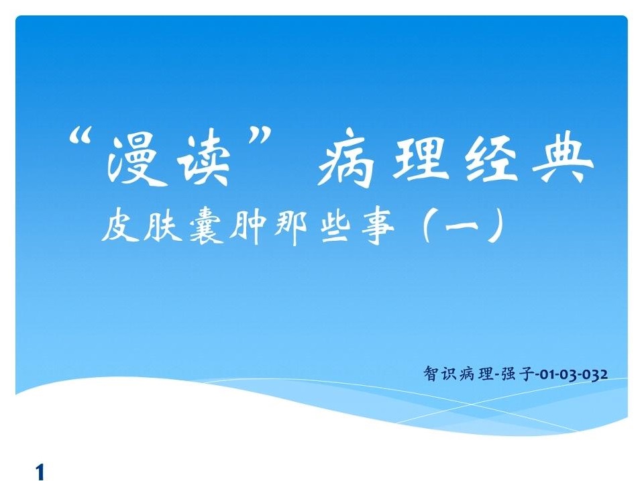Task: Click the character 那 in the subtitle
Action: click(290, 227)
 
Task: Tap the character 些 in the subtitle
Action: click(334, 227)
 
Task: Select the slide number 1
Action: click(40, 471)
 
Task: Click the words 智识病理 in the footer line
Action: click(459, 374)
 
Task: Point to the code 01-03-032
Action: click(574, 374)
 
